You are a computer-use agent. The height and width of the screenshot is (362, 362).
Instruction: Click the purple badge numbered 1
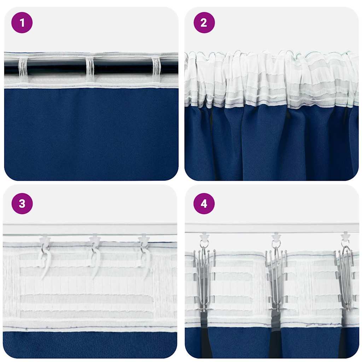coord(22,23)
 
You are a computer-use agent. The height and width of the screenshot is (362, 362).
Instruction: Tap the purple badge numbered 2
coord(204,23)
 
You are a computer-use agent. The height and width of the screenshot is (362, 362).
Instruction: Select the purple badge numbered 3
coord(22,204)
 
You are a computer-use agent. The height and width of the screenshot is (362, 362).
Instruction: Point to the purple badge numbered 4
coord(204,204)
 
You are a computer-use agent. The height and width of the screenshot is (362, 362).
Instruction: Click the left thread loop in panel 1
coord(23,69)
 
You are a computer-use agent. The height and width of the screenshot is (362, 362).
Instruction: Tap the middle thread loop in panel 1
coord(90,69)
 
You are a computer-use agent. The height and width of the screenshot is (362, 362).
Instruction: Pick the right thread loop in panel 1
coord(156,69)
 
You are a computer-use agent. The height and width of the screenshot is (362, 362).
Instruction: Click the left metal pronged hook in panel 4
coord(204,279)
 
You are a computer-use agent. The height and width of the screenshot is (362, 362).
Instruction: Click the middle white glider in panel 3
coord(95,240)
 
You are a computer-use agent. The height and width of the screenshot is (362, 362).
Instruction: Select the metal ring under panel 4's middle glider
coord(276,244)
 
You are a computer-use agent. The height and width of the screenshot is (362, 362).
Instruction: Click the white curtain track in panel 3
coord(90,229)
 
